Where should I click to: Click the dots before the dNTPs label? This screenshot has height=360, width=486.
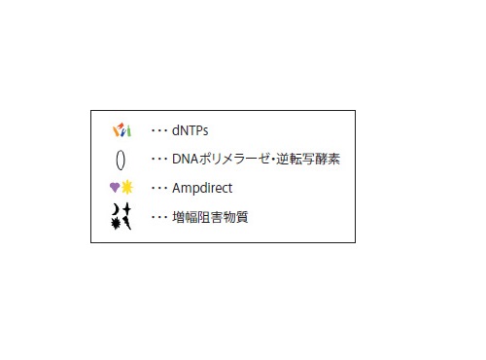point(159,129)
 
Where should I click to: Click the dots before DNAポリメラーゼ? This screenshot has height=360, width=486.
point(159,159)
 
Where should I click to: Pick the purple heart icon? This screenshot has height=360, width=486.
point(115,188)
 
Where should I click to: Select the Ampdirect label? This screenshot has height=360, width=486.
point(202,188)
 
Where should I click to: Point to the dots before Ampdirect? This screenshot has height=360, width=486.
point(159,188)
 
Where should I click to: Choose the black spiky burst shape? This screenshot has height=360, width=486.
point(116,224)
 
